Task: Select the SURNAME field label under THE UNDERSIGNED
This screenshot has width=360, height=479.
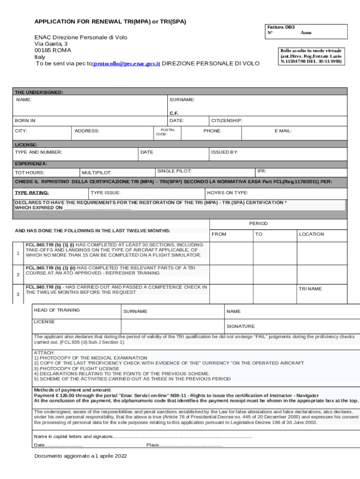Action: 182,100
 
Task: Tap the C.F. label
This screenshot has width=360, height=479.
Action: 174,113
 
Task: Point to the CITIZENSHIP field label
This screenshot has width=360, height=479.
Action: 227,121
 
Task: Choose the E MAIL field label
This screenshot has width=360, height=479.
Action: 283,131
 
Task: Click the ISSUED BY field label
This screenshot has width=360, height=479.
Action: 225,152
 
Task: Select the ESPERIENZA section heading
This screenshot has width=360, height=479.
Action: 31,164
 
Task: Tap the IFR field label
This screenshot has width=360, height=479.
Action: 262,172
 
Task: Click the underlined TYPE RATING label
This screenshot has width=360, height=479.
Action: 32,193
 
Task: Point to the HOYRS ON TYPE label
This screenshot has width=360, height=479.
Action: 228,193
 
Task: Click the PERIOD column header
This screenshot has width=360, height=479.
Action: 258,224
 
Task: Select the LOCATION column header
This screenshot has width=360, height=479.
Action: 311,234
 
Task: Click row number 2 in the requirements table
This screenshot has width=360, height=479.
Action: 18,275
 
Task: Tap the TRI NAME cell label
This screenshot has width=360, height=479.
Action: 310,289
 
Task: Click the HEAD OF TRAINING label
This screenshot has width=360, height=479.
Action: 57,310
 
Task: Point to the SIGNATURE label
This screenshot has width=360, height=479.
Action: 240,326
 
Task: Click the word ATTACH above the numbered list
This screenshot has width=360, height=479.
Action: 44,352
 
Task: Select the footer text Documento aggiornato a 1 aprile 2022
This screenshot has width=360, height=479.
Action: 80,456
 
